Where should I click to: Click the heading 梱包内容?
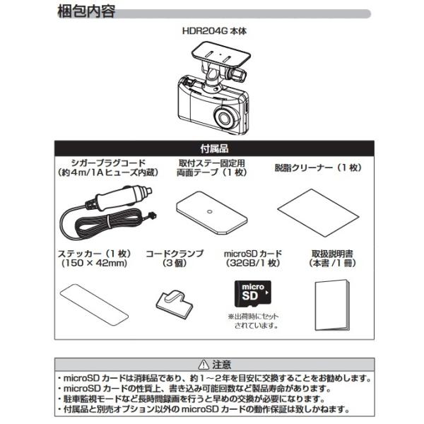click(x=86, y=12)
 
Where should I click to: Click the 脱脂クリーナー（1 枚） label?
click(x=317, y=168)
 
